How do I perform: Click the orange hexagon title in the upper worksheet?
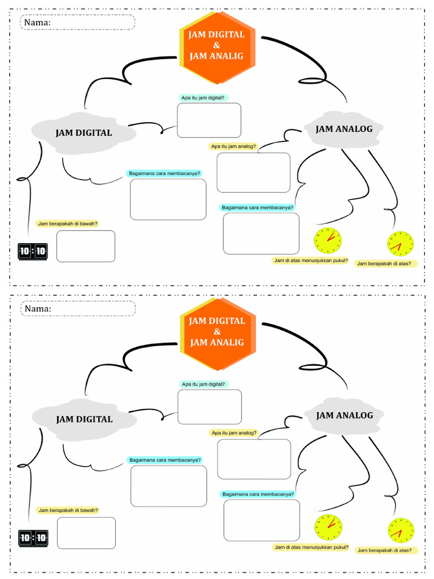(217, 45)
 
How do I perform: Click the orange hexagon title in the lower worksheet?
(218, 331)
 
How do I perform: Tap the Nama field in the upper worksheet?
(78, 23)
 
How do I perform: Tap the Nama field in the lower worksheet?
(79, 309)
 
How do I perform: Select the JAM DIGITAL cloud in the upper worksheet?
(84, 133)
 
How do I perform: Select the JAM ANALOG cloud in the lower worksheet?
(344, 416)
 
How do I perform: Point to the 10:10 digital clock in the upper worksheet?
(33, 251)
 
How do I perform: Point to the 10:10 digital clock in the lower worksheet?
(33, 538)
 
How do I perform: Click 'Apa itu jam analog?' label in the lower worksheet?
(233, 433)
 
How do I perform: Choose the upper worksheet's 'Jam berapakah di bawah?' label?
(67, 223)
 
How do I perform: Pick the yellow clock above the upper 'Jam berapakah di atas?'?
(400, 244)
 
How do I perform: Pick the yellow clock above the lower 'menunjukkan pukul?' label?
(328, 527)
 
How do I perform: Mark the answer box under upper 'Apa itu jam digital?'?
(209, 120)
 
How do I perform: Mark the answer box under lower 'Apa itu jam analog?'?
(254, 459)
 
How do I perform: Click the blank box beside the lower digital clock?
(86, 533)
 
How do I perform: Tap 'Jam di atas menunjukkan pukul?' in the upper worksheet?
(311, 261)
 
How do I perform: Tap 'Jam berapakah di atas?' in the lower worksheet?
(387, 550)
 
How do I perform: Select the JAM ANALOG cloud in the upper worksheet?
(344, 129)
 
